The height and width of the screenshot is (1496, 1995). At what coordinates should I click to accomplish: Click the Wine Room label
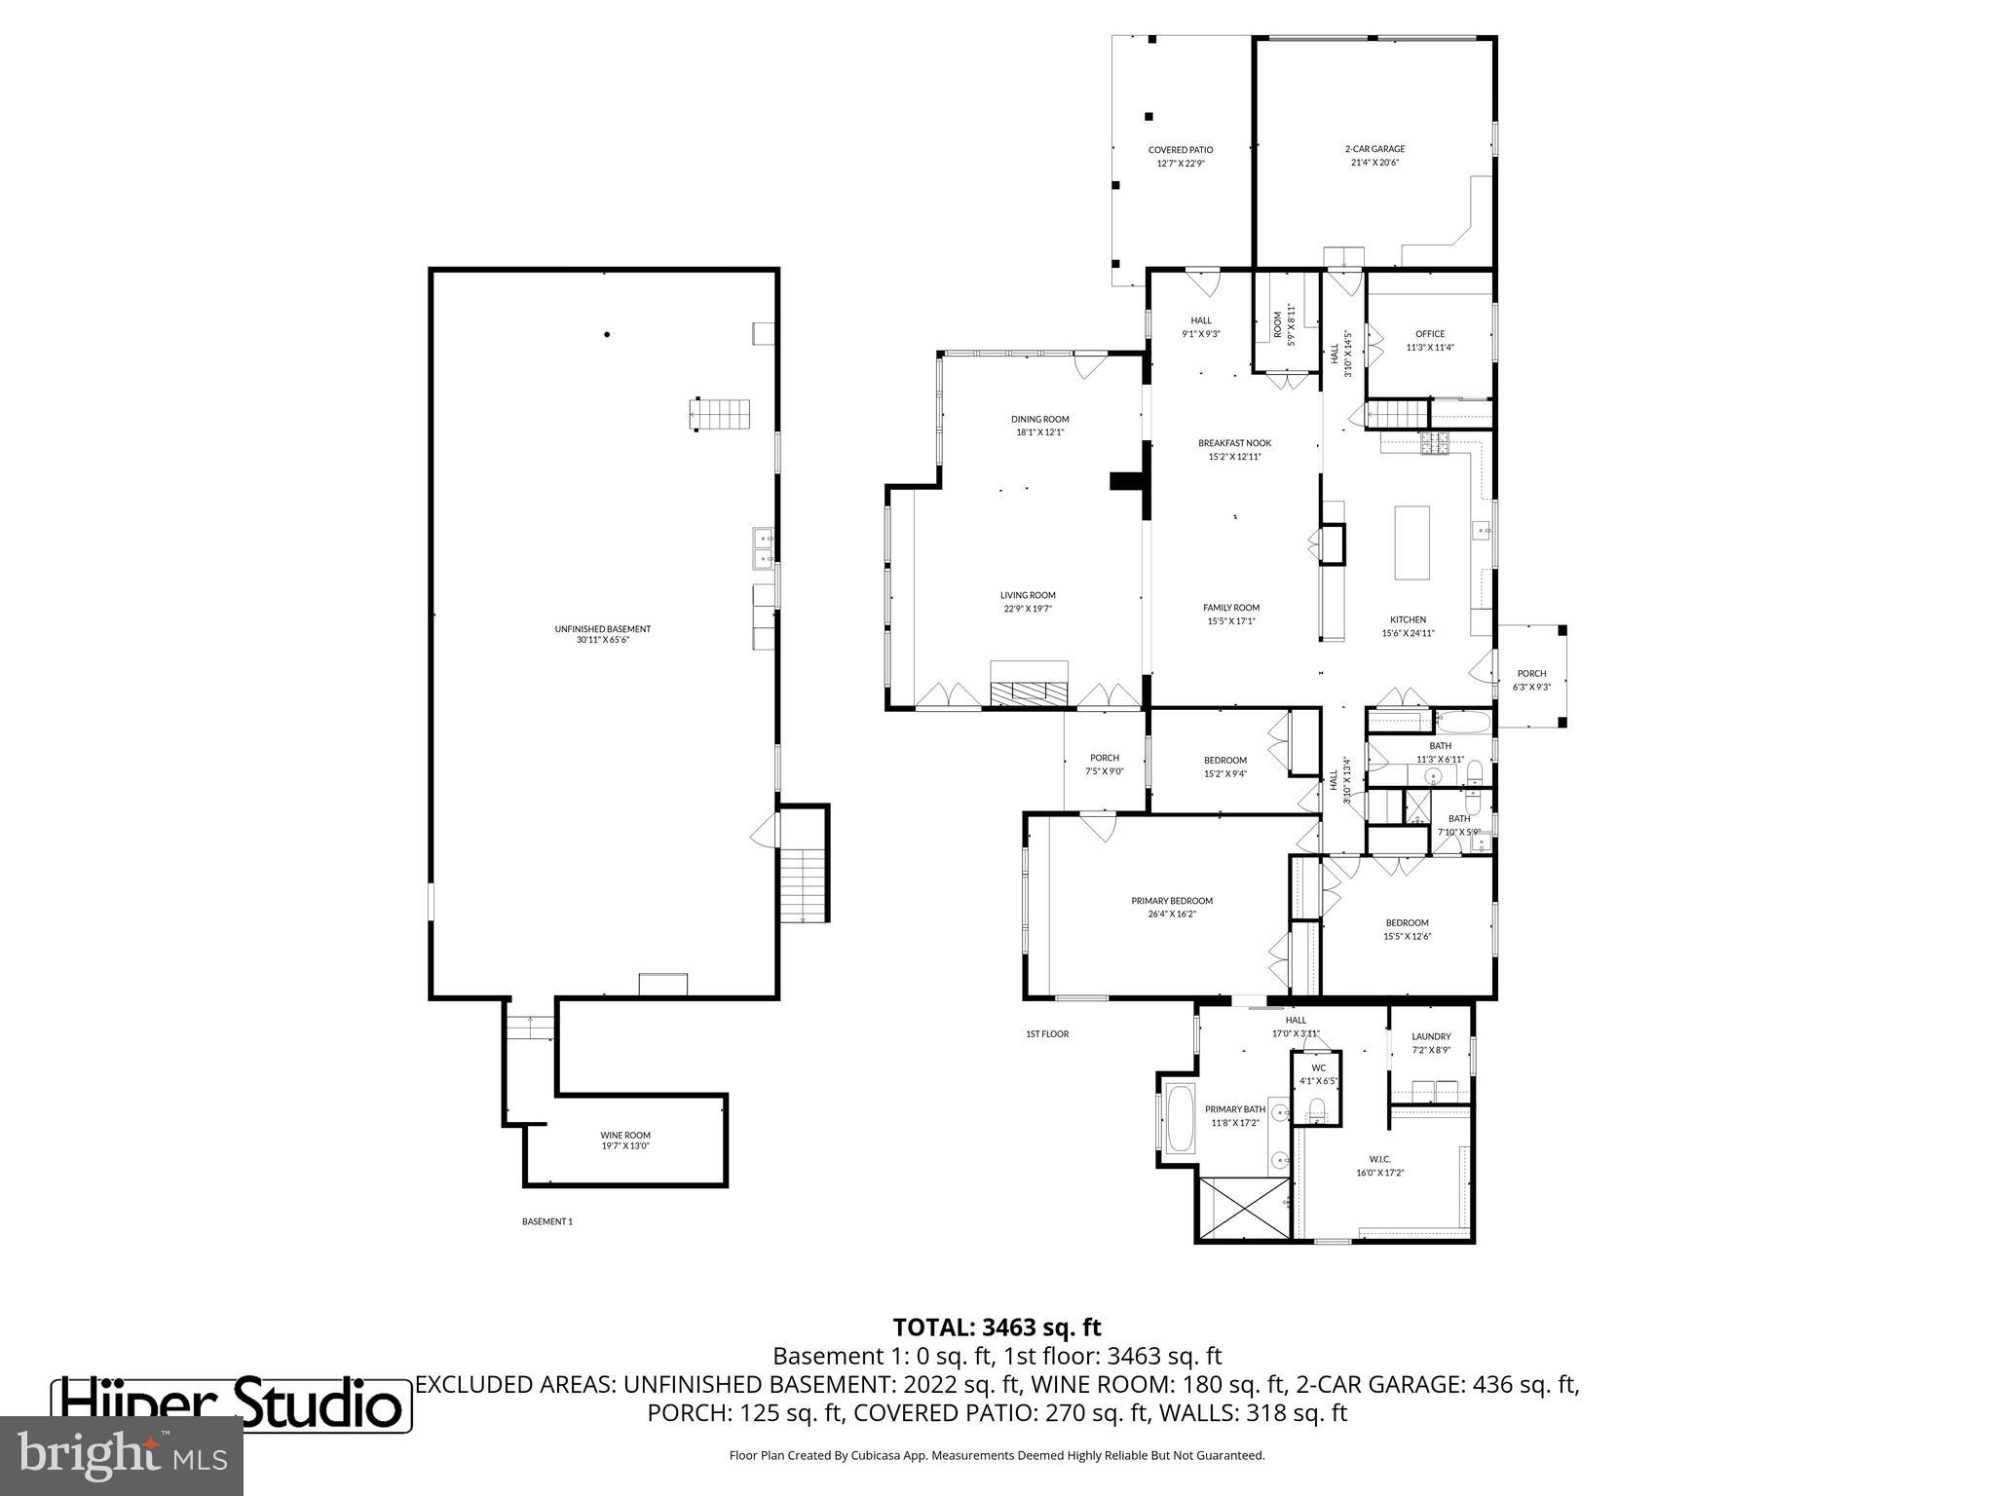tap(624, 1140)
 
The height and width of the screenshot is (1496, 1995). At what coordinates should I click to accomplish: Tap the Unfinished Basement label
tap(602, 634)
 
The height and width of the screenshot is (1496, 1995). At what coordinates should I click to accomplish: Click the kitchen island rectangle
tap(1412, 542)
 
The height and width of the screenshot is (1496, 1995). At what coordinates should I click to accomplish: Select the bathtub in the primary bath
tap(1180, 1119)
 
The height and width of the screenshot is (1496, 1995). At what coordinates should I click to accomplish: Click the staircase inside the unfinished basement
tap(721, 413)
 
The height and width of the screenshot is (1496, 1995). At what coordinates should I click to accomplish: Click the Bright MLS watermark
tap(121, 1455)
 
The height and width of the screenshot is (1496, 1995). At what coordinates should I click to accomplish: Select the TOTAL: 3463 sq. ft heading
tap(997, 1327)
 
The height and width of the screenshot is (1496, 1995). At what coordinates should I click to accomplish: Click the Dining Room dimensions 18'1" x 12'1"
tap(1038, 431)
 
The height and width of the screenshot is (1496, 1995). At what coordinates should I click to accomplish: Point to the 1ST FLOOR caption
tap(1046, 1034)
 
